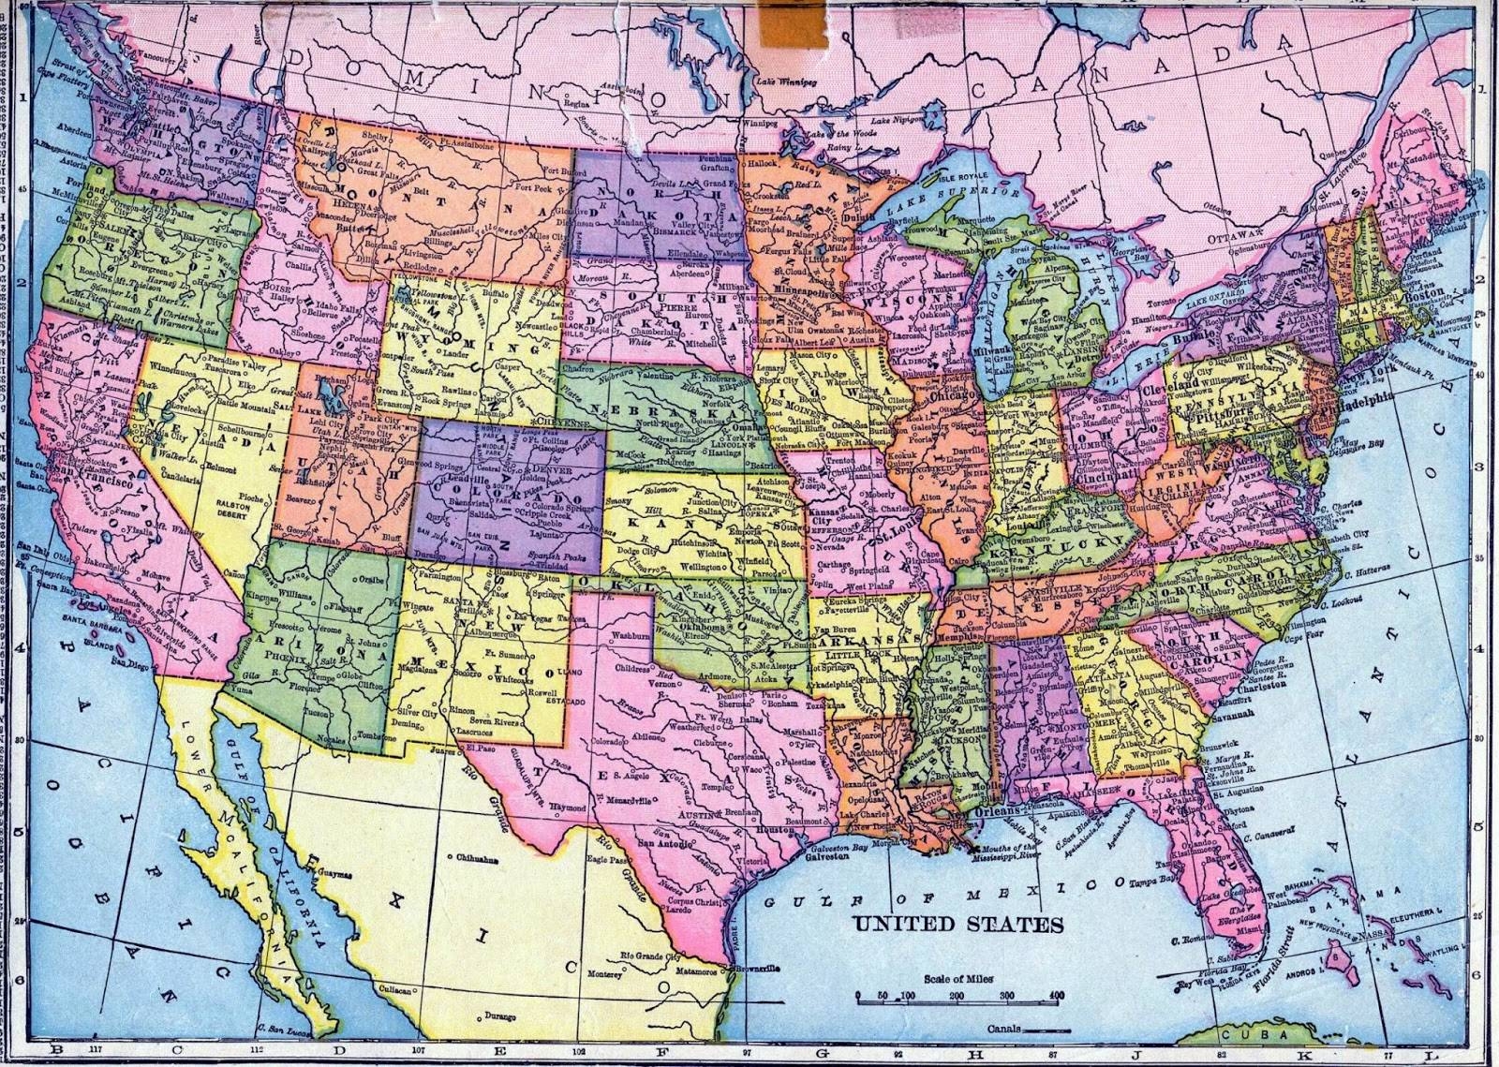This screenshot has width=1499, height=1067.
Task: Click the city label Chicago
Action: (957, 396)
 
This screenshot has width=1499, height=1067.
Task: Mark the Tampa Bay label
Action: (1157, 882)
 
